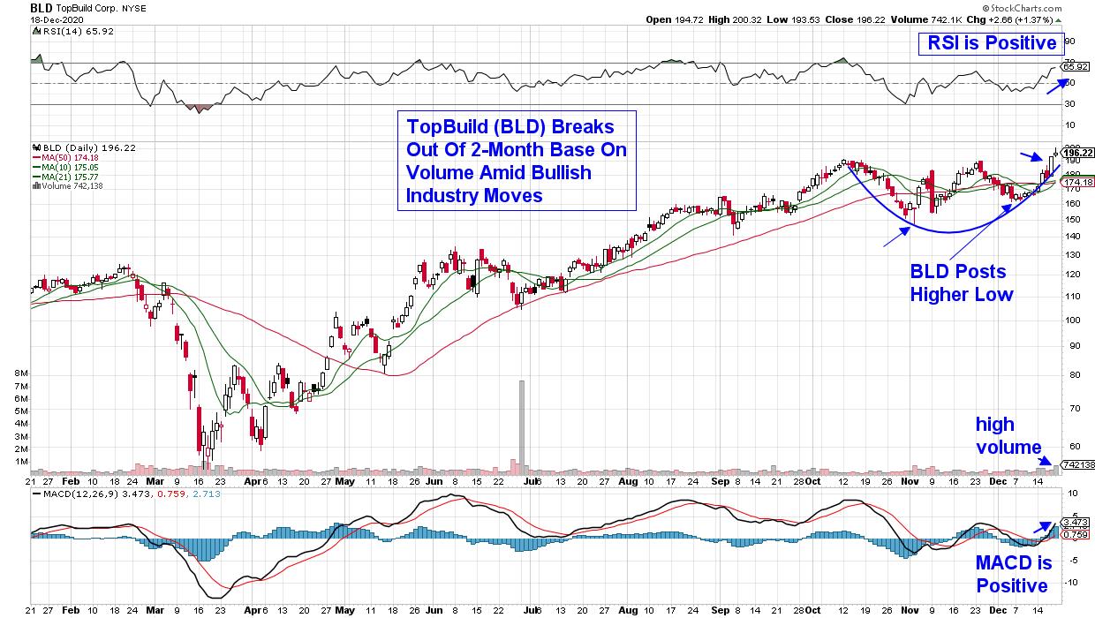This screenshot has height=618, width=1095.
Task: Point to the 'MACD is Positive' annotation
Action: [1012, 574]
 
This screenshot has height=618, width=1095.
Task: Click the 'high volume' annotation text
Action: [1008, 435]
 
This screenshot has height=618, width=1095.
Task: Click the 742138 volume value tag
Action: [1076, 464]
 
